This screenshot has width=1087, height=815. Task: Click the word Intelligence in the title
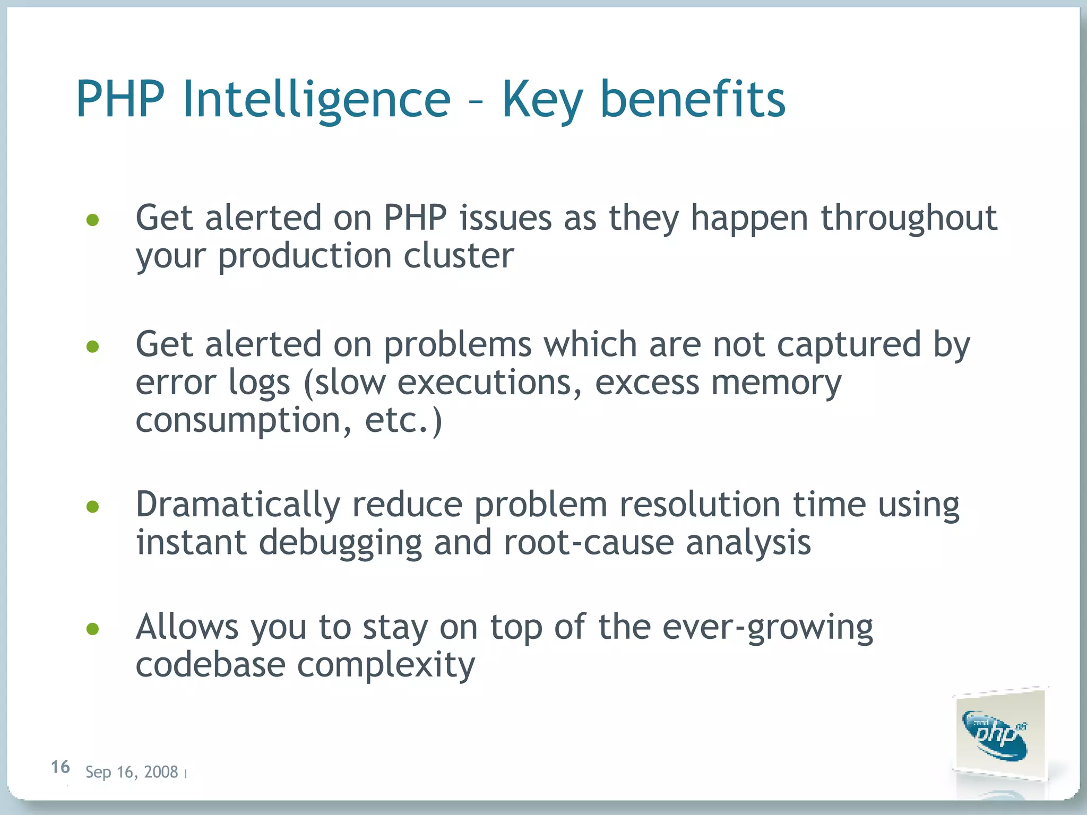(316, 100)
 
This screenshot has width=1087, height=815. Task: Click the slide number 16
(60, 767)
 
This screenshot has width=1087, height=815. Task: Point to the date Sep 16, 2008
(132, 772)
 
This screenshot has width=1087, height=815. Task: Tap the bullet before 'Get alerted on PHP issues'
(93, 220)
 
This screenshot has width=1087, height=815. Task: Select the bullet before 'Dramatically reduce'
(93, 506)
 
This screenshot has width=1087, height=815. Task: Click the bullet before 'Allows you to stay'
(93, 629)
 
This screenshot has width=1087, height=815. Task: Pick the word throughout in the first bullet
(909, 219)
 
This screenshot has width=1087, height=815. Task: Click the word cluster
(459, 256)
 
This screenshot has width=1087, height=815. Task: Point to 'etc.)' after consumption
(403, 421)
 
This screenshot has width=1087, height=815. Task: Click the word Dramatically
(238, 505)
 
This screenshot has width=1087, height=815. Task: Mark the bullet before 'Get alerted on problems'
(93, 346)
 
